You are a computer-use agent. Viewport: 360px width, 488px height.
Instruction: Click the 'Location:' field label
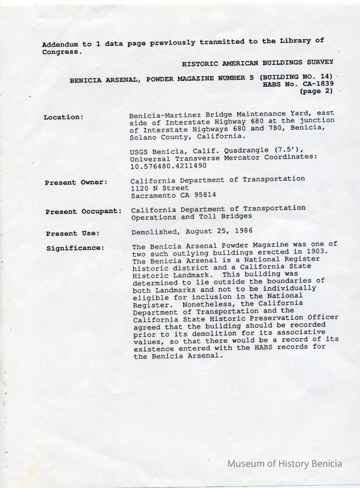pos(63,117)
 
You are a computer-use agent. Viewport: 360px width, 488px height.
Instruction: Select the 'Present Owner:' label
pos(76,183)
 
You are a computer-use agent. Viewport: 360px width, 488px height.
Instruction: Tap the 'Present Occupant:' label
pos(83,212)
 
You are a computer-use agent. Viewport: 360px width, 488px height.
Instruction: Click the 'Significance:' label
pos(75,248)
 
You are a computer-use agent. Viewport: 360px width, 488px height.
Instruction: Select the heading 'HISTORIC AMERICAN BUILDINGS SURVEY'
pos(257,61)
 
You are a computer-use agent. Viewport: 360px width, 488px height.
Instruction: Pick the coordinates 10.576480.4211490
pos(168,165)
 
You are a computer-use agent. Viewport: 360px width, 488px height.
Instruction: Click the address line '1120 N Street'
pos(160,188)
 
